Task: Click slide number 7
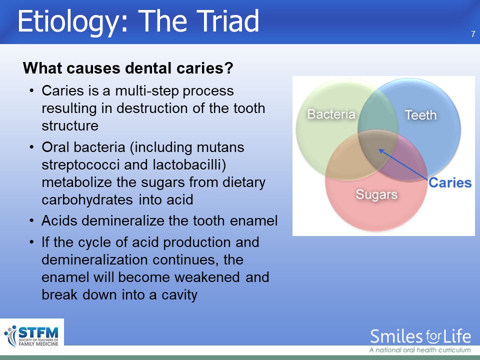473,34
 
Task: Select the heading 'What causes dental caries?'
128,68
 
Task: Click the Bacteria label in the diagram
331,114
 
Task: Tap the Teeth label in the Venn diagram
420,115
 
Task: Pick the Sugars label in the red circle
376,194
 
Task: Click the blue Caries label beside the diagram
450,183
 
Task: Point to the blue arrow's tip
379,149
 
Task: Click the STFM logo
31,336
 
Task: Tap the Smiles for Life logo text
420,336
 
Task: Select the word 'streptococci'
80,165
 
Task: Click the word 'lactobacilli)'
189,164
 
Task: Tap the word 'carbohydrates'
87,200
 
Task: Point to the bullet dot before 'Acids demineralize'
31,220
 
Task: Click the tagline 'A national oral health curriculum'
420,350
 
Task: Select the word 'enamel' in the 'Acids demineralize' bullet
253,220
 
